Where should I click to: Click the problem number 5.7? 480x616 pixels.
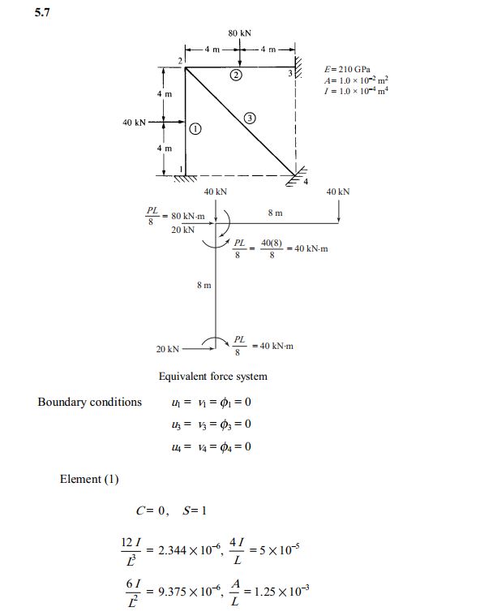(x=42, y=12)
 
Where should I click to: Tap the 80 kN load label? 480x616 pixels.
(x=239, y=33)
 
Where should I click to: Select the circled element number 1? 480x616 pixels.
(x=195, y=128)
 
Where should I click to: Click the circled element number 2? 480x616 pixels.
(x=236, y=75)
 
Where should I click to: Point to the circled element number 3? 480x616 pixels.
(x=250, y=118)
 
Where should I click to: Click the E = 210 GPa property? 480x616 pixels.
(x=347, y=70)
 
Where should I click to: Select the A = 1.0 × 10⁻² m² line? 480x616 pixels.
(x=356, y=80)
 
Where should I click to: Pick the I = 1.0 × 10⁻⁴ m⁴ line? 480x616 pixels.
(x=356, y=91)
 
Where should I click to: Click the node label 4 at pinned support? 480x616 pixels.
(x=306, y=182)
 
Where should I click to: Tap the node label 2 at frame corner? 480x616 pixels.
(x=180, y=61)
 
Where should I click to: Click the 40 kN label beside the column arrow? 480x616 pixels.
(x=134, y=123)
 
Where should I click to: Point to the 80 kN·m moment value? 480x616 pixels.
(x=188, y=216)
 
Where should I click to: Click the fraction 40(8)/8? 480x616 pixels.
(x=272, y=248)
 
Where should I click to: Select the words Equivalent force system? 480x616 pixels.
(x=212, y=377)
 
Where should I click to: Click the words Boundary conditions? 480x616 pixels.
(x=89, y=402)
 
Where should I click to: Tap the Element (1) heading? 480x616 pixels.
(x=89, y=479)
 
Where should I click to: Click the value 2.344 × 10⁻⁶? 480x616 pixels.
(x=190, y=549)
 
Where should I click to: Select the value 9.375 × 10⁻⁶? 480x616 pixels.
(x=190, y=591)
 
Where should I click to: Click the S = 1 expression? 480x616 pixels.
(x=195, y=510)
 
